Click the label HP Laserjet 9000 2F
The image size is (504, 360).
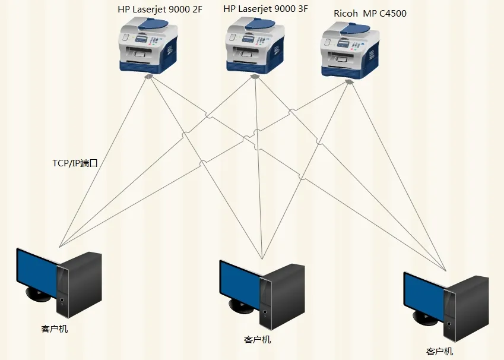tap(160, 10)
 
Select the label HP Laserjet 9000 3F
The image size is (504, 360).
tap(265, 9)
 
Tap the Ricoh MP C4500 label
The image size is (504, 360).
tap(370, 13)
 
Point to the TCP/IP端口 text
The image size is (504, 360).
tap(75, 163)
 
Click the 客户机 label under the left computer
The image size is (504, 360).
tap(55, 329)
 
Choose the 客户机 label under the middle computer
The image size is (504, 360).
tap(257, 340)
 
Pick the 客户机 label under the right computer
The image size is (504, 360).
tap(439, 351)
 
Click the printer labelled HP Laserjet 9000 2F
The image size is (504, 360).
tap(148, 45)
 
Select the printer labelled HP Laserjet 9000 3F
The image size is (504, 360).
tap(255, 45)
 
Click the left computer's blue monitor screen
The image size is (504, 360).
tap(37, 273)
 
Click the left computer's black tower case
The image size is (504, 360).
tap(80, 285)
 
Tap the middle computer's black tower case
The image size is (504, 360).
tap(282, 297)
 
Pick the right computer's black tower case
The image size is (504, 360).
tap(467, 309)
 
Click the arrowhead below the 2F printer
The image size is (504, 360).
tap(148, 77)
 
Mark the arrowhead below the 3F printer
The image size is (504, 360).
tap(255, 77)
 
